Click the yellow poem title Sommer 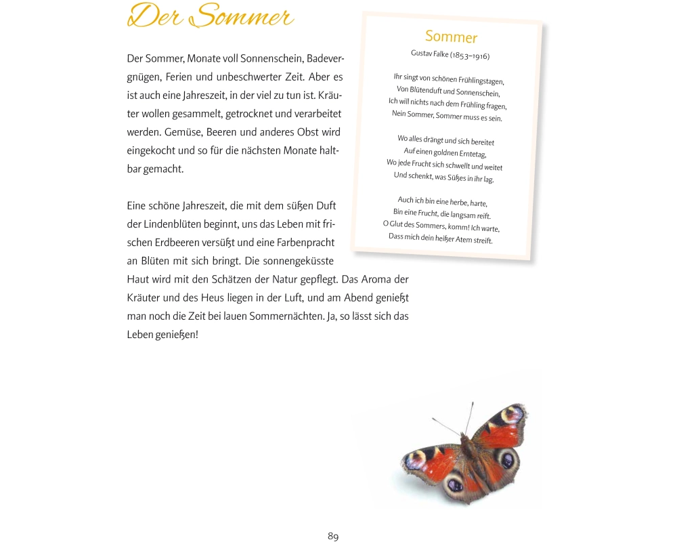451,37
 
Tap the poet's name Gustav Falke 429,54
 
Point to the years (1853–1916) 470,56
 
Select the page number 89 333,537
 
